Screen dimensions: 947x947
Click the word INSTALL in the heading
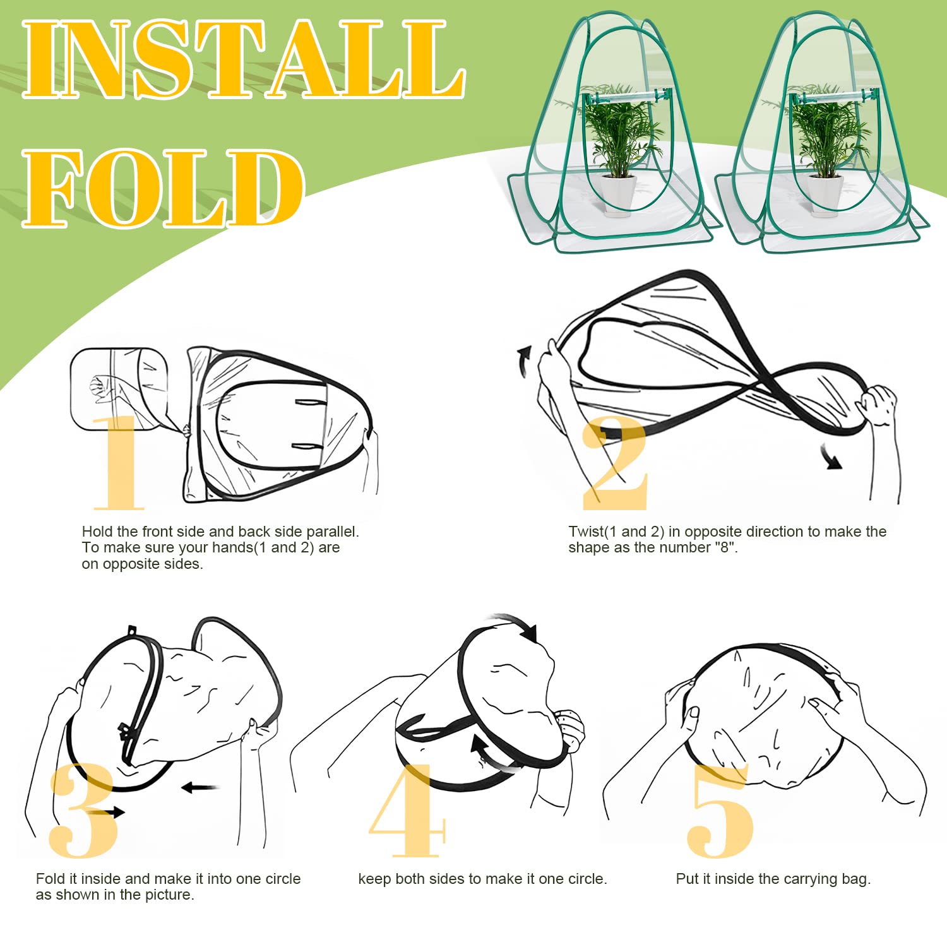(x=244, y=59)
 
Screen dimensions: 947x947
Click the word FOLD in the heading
(x=164, y=188)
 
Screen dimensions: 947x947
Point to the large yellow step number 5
(x=720, y=811)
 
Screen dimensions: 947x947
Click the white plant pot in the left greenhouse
(x=618, y=196)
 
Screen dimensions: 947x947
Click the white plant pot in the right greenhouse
(x=825, y=196)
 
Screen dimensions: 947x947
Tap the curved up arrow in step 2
(x=522, y=361)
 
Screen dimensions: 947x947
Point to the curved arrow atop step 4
(x=515, y=625)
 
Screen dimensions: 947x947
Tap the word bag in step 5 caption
(x=856, y=879)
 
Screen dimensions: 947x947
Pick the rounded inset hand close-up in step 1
(x=119, y=389)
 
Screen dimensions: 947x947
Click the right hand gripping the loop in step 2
(x=879, y=404)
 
